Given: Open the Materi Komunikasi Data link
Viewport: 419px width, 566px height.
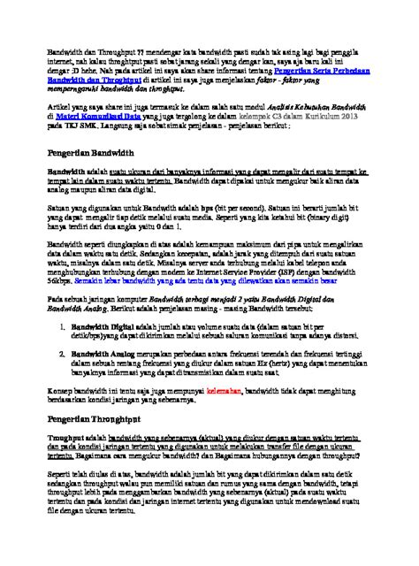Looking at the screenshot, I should (x=98, y=115).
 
